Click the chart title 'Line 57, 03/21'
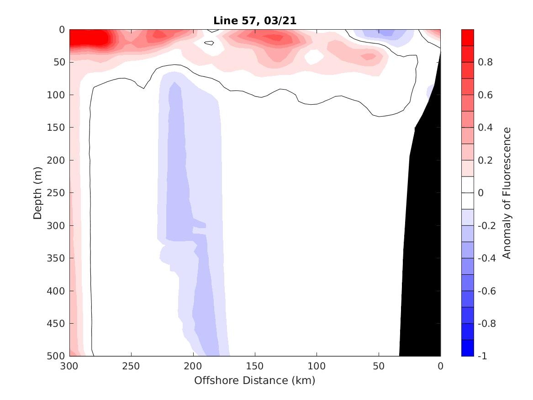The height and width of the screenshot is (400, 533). (255, 21)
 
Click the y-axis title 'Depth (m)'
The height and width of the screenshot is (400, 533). (38, 192)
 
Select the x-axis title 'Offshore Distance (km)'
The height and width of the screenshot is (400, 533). (255, 380)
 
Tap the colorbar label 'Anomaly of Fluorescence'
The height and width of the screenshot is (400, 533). (507, 192)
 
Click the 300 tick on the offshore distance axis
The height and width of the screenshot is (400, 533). (69, 366)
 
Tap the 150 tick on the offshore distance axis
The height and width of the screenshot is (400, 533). (255, 366)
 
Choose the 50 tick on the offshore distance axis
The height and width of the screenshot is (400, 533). (379, 366)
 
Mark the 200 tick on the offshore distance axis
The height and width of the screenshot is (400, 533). (193, 366)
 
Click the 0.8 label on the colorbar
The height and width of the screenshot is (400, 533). (485, 62)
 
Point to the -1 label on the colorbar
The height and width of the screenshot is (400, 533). (483, 356)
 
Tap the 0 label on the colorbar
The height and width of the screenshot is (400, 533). (480, 193)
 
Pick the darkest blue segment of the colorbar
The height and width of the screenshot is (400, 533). (468, 348)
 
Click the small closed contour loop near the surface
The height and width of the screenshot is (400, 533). (209, 43)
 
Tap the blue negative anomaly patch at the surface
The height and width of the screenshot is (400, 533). (385, 33)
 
